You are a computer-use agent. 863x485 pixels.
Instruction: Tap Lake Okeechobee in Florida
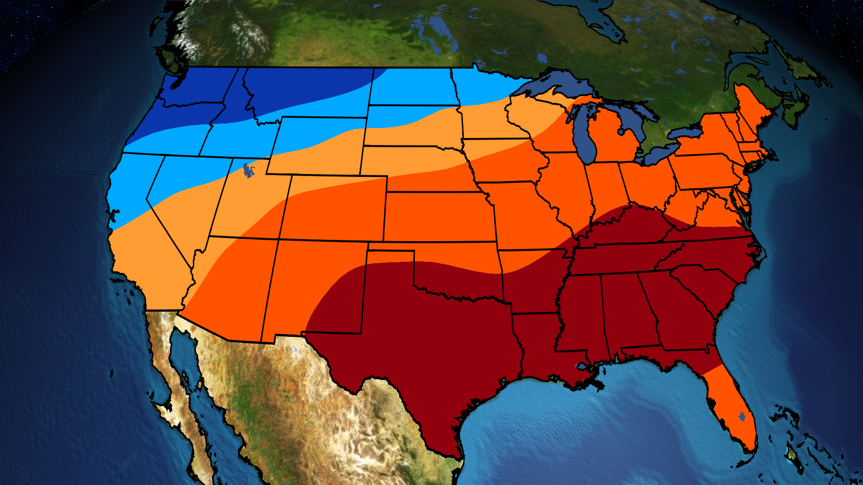742,417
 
